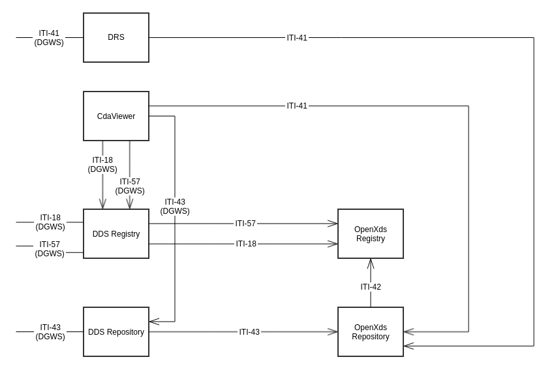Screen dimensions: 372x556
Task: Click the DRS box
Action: click(x=116, y=38)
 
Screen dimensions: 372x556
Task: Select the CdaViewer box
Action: click(x=116, y=116)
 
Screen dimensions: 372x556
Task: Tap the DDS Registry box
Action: click(x=116, y=234)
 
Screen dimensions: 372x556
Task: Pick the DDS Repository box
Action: click(x=116, y=332)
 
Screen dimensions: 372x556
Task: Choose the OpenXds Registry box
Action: click(x=371, y=234)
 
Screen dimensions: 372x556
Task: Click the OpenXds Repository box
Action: click(x=371, y=332)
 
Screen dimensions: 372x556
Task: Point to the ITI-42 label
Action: click(x=371, y=287)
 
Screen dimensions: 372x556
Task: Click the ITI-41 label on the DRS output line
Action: click(x=297, y=38)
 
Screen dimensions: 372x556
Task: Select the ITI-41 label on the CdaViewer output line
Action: click(x=297, y=106)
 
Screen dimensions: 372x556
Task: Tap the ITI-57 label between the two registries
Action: click(x=245, y=224)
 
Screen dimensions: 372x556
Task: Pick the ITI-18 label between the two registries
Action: click(x=246, y=244)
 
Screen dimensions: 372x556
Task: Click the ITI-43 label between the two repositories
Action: click(x=249, y=332)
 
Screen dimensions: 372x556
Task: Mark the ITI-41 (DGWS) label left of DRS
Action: click(x=49, y=38)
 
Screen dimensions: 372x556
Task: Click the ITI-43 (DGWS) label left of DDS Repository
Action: click(x=50, y=332)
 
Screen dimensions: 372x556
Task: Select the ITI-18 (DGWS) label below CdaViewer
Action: click(x=102, y=165)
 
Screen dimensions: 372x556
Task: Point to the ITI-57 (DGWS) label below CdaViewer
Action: click(x=130, y=186)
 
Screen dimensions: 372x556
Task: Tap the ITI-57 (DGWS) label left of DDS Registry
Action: click(x=50, y=249)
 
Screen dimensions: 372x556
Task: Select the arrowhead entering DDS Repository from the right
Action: click(x=153, y=322)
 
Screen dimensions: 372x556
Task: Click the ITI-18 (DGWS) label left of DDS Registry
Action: click(x=50, y=222)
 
